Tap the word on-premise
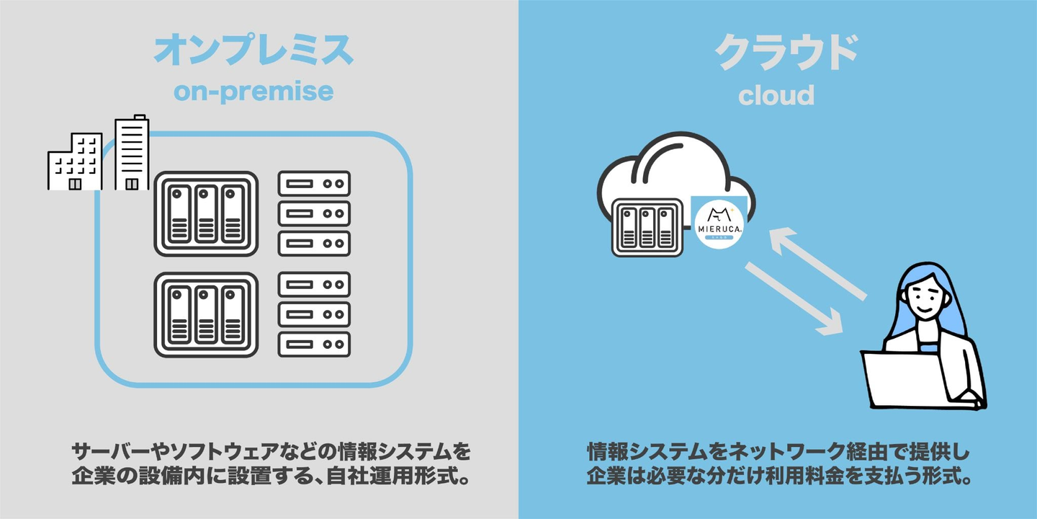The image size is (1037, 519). point(253,92)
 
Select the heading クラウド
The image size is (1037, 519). point(786,52)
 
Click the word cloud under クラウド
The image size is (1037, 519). point(776,95)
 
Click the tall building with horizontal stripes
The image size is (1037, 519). point(132,153)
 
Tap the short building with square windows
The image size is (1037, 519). point(74,163)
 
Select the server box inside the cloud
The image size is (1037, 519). point(647,227)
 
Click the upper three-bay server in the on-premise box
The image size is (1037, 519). point(206,213)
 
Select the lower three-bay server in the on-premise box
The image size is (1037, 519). point(206,314)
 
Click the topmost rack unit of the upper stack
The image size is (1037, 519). point(314,184)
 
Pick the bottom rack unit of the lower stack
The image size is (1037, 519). point(314,345)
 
